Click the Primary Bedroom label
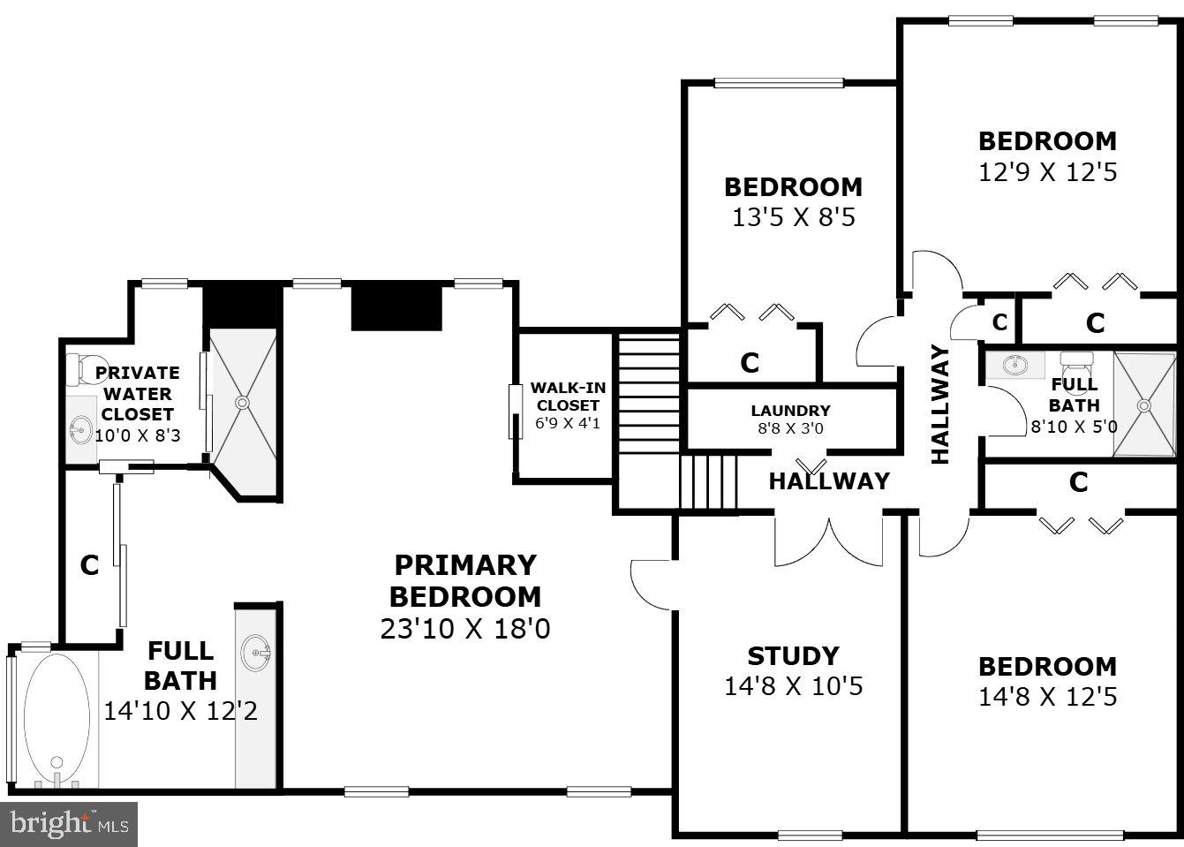click(464, 580)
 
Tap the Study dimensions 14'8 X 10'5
click(793, 686)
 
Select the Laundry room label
click(790, 411)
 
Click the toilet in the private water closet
click(79, 368)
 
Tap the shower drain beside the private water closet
click(242, 403)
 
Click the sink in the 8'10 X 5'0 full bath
click(1015, 363)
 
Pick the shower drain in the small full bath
click(1144, 405)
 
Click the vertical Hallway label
click(940, 405)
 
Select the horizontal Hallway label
click(828, 481)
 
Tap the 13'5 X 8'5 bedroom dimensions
click(793, 217)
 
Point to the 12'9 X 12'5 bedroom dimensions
click(1047, 171)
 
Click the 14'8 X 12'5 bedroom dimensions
click(1047, 697)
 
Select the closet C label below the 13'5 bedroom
click(750, 362)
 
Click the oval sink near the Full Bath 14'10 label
click(256, 653)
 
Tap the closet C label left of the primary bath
click(89, 565)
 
